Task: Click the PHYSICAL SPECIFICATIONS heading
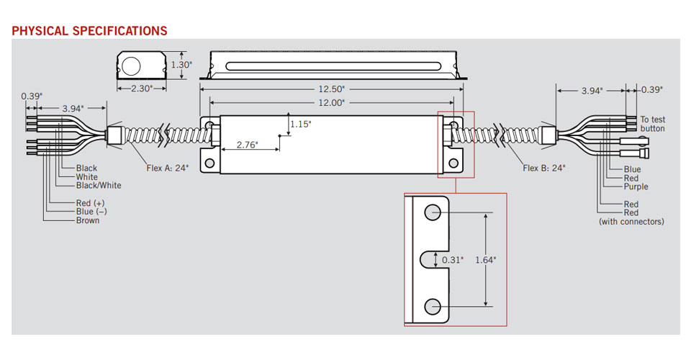pyautogui.click(x=89, y=31)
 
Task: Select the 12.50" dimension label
pyautogui.click(x=332, y=89)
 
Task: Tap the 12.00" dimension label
pyautogui.click(x=332, y=103)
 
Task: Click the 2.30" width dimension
pyautogui.click(x=141, y=89)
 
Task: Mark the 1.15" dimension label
pyautogui.click(x=301, y=125)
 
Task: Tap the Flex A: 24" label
pyautogui.click(x=167, y=168)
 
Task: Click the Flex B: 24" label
pyautogui.click(x=543, y=168)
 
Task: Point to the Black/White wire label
pyautogui.click(x=99, y=186)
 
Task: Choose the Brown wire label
pyautogui.click(x=88, y=220)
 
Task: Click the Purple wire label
pyautogui.click(x=636, y=186)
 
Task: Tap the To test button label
pyautogui.click(x=653, y=124)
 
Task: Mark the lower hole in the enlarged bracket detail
pyautogui.click(x=433, y=306)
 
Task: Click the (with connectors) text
pyautogui.click(x=631, y=222)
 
